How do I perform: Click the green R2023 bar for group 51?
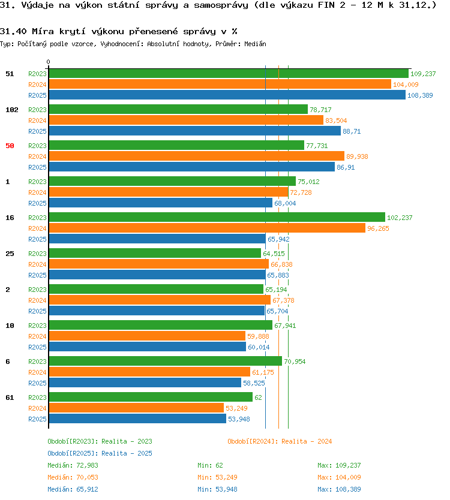click(229, 73)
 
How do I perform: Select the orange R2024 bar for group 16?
click(207, 228)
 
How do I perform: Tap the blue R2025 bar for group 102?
click(194, 131)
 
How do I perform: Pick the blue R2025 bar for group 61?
click(137, 418)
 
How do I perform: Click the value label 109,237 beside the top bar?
click(423, 74)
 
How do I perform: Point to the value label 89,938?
click(357, 156)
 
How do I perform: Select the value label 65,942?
click(278, 239)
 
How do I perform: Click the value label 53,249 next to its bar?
click(236, 408)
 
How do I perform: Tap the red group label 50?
click(10, 146)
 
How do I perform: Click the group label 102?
click(12, 110)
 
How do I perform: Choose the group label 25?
click(10, 254)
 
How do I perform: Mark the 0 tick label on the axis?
click(48, 62)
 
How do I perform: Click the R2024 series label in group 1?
click(37, 192)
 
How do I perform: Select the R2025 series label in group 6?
click(37, 383)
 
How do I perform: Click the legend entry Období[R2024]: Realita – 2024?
click(280, 441)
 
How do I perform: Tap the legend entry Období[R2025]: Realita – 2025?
click(100, 453)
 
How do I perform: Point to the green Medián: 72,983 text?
click(73, 465)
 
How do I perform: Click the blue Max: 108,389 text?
click(339, 489)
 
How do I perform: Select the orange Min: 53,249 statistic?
click(217, 477)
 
